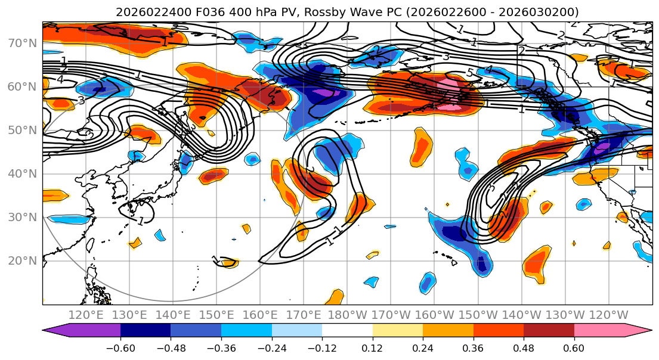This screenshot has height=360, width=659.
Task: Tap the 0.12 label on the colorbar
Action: [x=372, y=347]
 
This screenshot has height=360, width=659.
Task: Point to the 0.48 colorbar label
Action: [x=523, y=347]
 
